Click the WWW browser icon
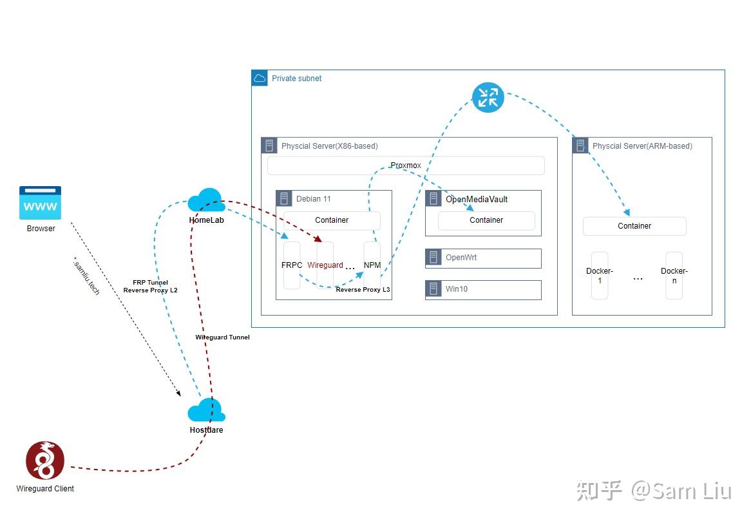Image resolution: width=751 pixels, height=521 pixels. coord(40,203)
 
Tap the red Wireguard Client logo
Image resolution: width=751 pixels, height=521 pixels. coord(45,460)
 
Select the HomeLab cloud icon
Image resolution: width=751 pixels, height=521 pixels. coord(206,200)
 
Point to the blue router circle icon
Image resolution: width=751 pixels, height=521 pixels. coord(488,97)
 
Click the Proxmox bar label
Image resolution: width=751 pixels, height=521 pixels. coord(406,166)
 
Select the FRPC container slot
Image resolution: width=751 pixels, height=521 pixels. coord(292,265)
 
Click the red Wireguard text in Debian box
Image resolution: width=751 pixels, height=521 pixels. coord(325,265)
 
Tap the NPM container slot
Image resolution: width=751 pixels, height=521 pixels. coord(372,265)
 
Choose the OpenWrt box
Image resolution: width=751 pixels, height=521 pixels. coord(483,258)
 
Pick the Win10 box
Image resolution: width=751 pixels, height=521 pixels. coord(483,289)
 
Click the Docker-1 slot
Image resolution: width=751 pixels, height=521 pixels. coord(600,276)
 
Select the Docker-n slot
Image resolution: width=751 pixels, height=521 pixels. coord(674,276)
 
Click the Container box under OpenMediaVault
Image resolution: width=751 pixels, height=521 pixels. coord(486,220)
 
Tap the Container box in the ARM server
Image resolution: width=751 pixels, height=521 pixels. coord(634,226)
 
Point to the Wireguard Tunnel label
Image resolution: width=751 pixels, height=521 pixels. coord(222,337)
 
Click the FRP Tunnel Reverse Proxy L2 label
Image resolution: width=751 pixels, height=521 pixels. coord(150,287)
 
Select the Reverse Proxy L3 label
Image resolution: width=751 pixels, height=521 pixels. coord(363,290)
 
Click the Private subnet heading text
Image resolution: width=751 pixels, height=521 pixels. coord(296,79)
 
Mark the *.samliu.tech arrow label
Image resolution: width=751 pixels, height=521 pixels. coord(86,276)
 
